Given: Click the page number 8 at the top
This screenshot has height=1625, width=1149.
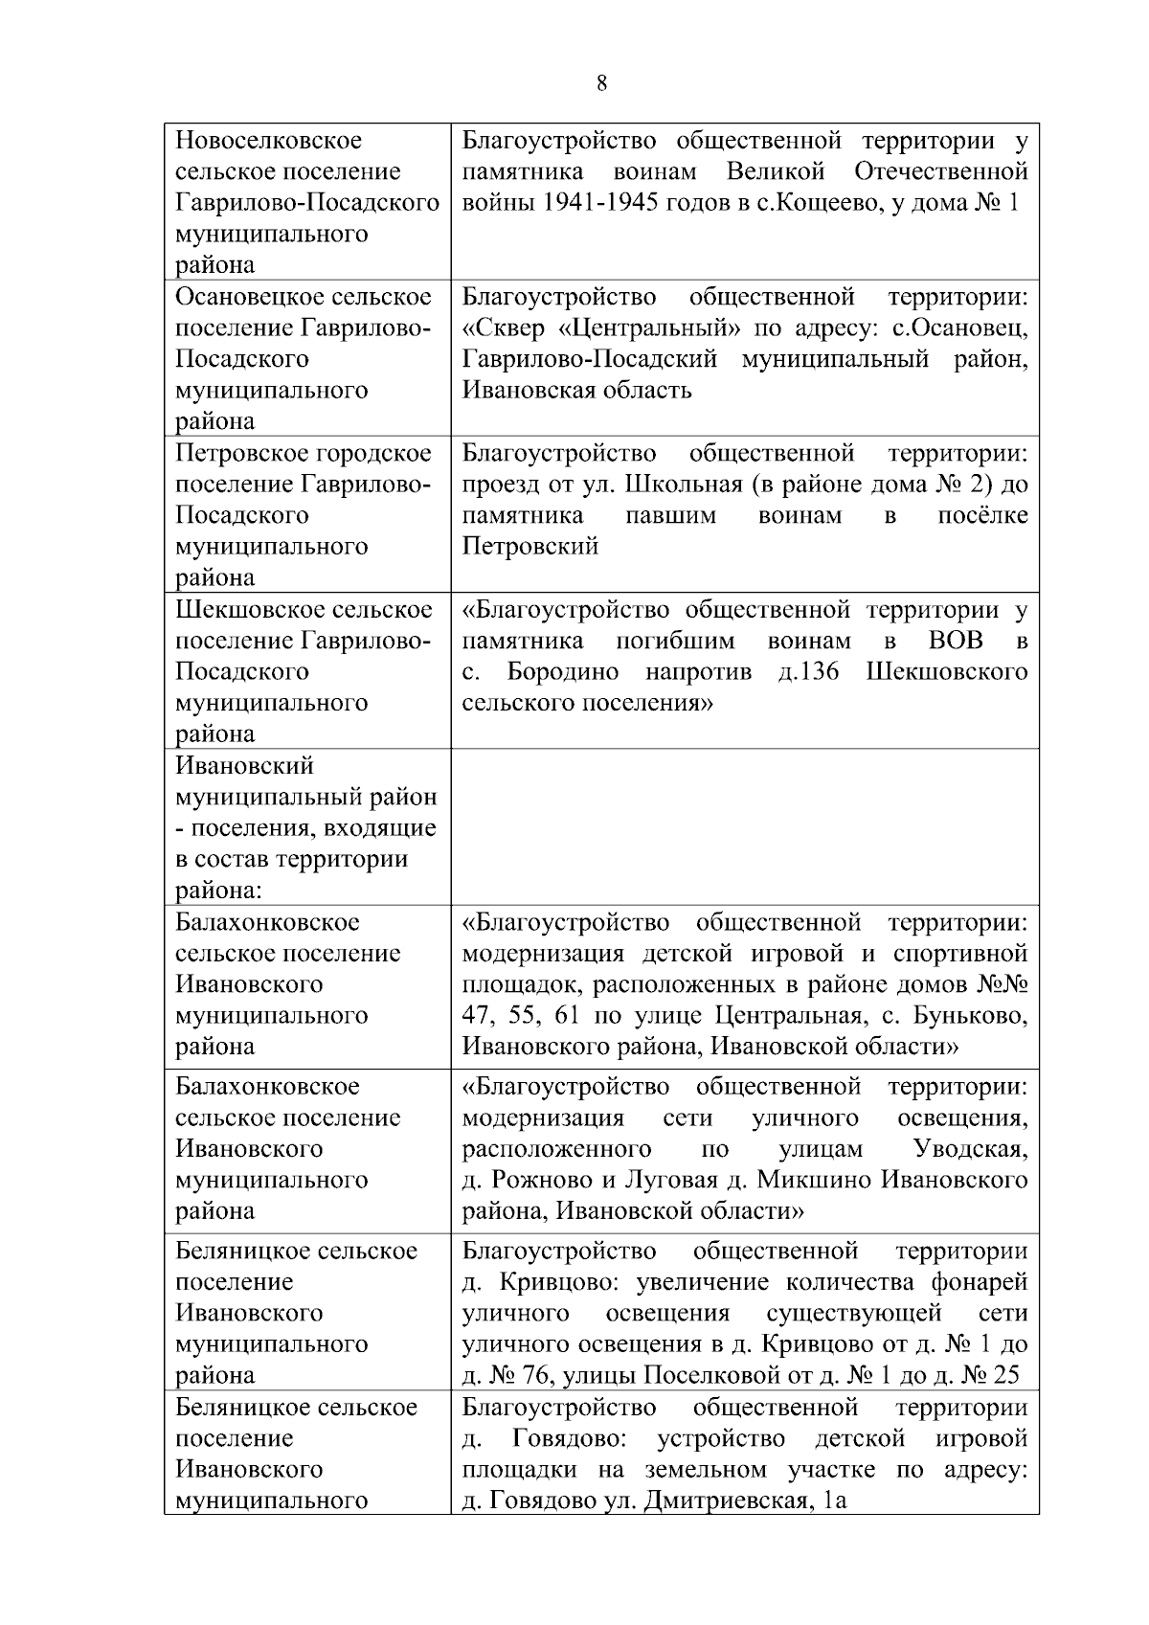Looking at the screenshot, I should pyautogui.click(x=601, y=83).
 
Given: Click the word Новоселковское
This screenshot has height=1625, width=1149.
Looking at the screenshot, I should pyautogui.click(x=269, y=141).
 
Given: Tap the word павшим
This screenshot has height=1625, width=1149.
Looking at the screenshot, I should pyautogui.click(x=670, y=515).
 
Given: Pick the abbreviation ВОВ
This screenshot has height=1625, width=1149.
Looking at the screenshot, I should pyautogui.click(x=956, y=641).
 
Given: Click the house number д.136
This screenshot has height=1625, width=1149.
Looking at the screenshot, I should pyautogui.click(x=809, y=671).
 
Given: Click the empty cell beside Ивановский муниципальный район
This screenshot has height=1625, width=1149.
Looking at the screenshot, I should pyautogui.click(x=744, y=826).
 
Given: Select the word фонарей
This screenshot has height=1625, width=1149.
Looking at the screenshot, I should pyautogui.click(x=978, y=1281).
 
